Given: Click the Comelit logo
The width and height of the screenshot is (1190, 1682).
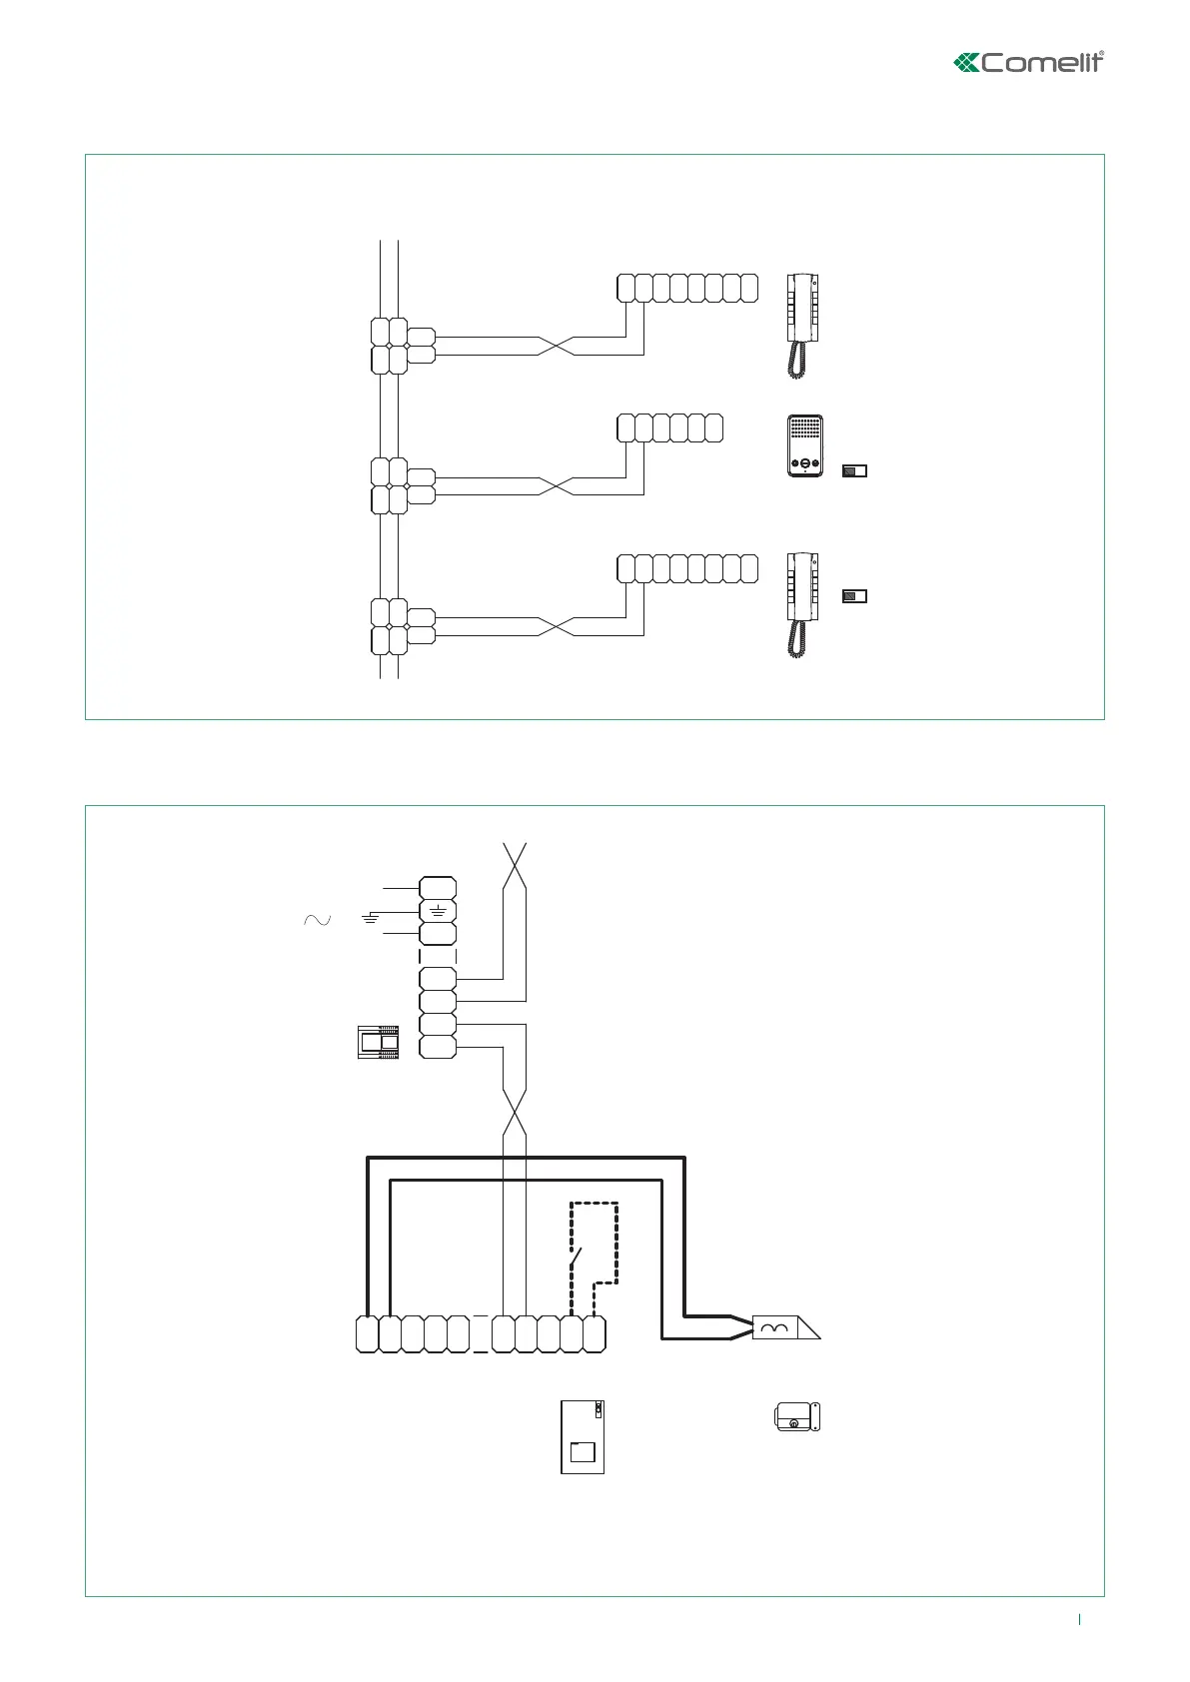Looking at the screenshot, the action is coord(1028,62).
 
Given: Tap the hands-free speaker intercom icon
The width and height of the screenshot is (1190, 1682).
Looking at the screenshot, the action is coord(804,445).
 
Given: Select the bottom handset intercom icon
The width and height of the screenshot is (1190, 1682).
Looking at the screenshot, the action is coord(803,604).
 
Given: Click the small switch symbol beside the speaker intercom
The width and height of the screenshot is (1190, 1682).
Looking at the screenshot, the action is coord(854,470).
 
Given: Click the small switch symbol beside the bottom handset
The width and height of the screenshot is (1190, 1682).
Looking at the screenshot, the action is coord(854,596).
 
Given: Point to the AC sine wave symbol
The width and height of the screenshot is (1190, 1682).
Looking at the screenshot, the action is coord(317,920).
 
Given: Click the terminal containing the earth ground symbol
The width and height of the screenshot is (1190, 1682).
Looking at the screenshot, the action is coord(438,911).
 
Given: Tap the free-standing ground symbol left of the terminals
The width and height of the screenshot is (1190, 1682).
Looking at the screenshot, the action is coord(371,917).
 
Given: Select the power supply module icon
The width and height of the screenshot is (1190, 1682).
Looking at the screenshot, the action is coord(378,1042).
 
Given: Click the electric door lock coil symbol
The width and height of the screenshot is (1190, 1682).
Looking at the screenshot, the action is coord(774,1325).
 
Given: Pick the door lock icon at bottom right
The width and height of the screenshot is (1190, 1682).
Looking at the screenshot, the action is coord(797,1416).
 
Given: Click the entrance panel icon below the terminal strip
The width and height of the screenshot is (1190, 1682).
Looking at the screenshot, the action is coord(583,1436).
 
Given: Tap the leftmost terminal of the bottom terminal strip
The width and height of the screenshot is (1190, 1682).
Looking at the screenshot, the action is coord(367,1334).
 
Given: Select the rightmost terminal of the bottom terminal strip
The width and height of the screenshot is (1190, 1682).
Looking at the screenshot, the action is coord(595,1334).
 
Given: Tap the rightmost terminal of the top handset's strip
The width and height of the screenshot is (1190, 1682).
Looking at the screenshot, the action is coord(749,288).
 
